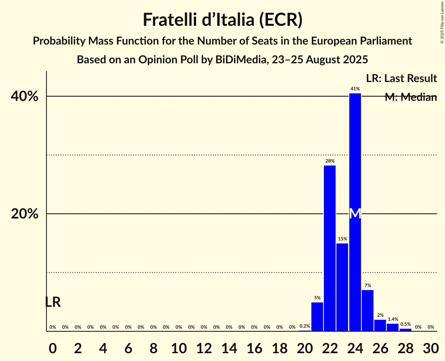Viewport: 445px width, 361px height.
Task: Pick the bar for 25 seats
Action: tap(368, 311)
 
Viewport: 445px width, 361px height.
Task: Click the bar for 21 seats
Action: tap(317, 317)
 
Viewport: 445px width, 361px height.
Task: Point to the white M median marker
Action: tap(355, 214)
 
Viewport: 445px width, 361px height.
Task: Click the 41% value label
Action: tap(355, 89)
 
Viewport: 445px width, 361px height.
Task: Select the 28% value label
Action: tap(330, 161)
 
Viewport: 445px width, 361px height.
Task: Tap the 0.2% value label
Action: tap(305, 326)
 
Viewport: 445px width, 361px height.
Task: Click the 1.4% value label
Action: tap(393, 319)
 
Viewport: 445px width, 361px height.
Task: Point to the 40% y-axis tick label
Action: tap(27, 97)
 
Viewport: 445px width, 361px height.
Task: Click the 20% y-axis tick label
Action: tap(27, 214)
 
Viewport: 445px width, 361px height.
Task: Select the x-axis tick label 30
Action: tap(431, 347)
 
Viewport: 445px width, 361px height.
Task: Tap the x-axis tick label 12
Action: tap(204, 347)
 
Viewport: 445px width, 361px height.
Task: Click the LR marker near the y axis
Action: tap(53, 302)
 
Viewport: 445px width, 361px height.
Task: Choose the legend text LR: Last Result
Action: tap(401, 79)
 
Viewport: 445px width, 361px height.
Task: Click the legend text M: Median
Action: tap(410, 97)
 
